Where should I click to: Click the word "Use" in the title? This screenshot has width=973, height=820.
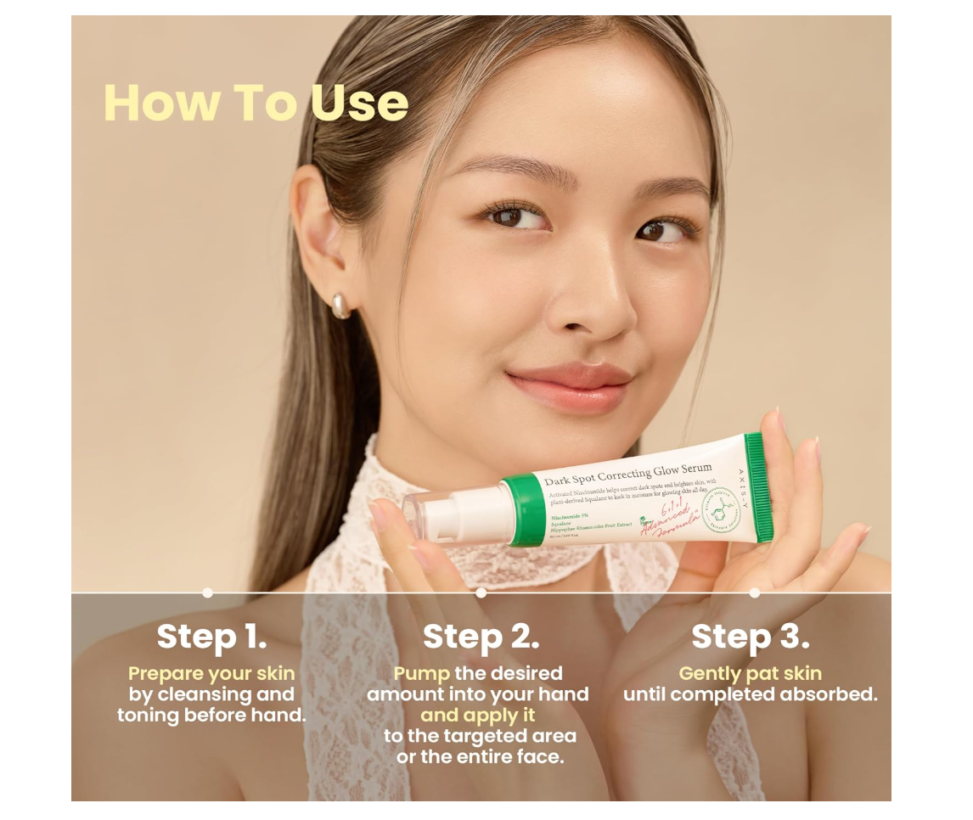[359, 103]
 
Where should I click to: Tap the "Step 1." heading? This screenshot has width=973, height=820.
[211, 637]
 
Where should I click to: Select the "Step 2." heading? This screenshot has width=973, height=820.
[481, 637]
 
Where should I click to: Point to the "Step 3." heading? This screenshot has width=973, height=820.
[751, 637]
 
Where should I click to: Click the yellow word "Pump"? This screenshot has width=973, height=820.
[421, 673]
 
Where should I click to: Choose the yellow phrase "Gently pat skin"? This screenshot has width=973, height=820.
[751, 673]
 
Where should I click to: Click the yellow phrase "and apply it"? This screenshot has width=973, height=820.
[478, 715]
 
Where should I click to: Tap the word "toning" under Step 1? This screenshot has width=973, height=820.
[150, 715]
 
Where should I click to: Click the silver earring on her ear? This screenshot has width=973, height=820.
[340, 306]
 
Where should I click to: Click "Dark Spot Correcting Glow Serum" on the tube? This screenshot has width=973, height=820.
[628, 475]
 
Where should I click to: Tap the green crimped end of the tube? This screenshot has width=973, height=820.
[759, 486]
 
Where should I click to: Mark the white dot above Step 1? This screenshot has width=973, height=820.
[208, 593]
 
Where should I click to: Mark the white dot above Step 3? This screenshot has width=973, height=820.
[755, 593]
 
